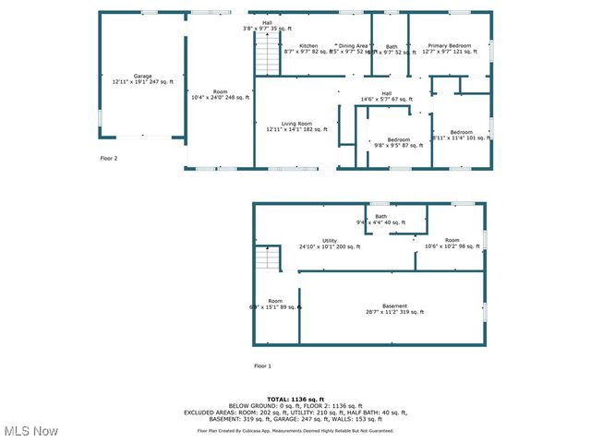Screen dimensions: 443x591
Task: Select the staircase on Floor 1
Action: (267, 257)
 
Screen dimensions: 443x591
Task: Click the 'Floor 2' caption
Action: (109, 159)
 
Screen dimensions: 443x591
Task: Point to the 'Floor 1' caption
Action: (262, 366)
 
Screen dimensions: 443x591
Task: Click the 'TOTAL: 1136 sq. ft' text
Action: (295, 399)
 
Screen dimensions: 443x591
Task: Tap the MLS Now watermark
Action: (31, 431)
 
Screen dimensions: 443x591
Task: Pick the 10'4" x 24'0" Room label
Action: (220, 95)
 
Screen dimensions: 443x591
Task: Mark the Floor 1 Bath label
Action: (380, 220)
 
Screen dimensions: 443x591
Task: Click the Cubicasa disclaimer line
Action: (295, 431)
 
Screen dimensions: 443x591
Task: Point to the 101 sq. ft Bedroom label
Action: (461, 136)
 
